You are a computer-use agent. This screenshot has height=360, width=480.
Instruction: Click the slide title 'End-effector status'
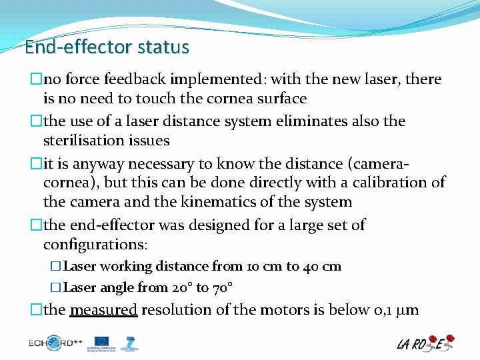(107, 47)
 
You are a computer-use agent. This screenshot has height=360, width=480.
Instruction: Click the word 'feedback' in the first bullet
(140, 79)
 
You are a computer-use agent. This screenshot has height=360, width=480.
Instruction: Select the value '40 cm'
(322, 267)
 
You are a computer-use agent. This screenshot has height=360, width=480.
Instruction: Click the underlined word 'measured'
(103, 310)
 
